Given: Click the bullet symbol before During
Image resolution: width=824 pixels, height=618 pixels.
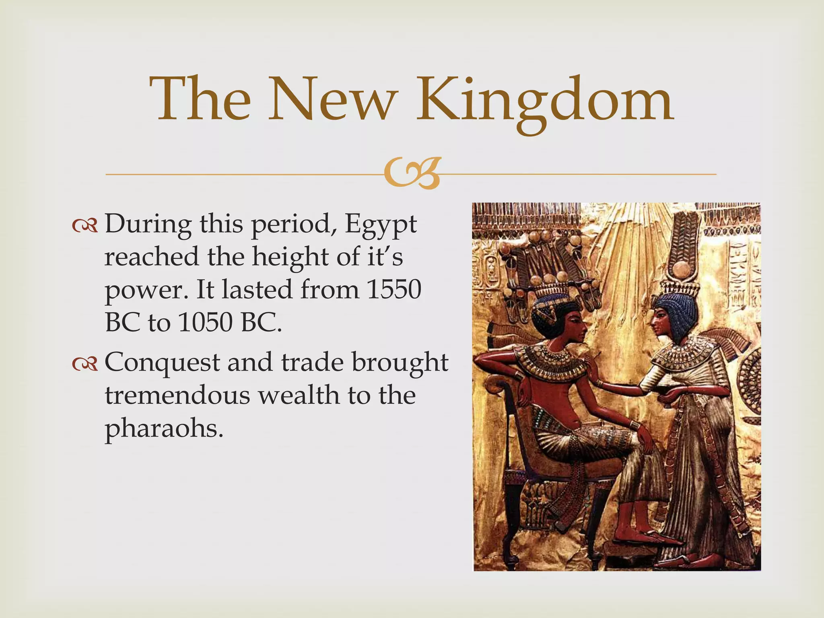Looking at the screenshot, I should click(85, 227).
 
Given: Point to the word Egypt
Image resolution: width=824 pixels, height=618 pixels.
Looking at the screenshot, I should click(381, 225).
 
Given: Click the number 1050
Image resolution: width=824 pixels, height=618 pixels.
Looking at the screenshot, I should click(205, 322).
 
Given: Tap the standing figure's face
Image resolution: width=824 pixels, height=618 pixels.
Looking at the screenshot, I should click(660, 322).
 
